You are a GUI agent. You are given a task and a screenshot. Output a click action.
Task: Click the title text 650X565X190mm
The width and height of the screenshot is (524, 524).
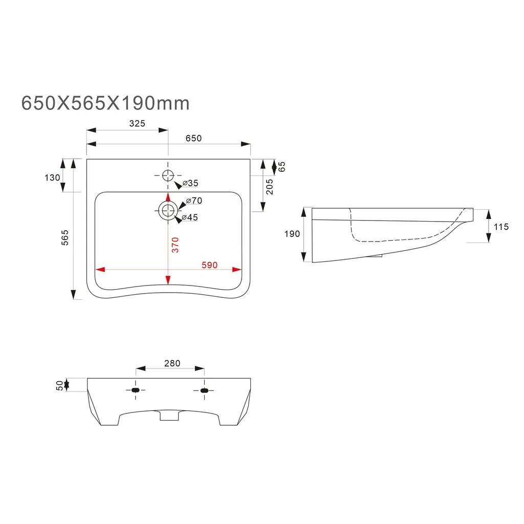pos(105,103)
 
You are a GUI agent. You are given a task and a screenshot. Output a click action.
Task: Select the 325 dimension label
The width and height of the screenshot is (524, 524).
pos(137,123)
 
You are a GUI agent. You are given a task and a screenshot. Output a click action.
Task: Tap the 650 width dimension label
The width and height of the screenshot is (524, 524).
pos(193,138)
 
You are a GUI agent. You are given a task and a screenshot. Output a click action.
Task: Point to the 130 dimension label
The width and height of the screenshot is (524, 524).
pos(53,178)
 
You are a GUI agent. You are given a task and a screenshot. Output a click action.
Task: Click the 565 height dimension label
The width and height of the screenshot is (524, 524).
pos(65,238)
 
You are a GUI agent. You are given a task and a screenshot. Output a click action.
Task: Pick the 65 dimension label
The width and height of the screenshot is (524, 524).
pos(282,166)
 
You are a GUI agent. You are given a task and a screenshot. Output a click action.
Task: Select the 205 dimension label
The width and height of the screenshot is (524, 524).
pos(270,187)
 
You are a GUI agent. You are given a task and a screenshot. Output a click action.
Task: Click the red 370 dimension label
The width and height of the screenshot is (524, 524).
pos(175,245)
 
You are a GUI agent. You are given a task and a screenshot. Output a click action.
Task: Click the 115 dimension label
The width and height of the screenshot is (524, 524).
pos(501,226)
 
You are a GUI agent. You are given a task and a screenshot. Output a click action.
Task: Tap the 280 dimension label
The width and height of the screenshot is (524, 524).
pos(172,363)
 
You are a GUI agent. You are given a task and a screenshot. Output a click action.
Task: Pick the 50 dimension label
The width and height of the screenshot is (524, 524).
pos(60,385)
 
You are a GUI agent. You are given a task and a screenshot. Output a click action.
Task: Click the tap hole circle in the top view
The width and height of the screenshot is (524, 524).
pos(168,176)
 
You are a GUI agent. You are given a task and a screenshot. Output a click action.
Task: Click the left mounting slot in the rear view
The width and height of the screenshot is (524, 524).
pos(135,391)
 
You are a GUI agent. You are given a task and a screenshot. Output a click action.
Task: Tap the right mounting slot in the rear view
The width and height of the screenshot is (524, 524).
pos(204,391)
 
